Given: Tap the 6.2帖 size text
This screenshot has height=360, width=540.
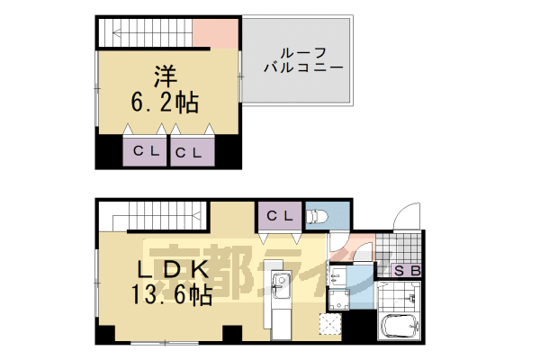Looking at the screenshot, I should click(x=165, y=101).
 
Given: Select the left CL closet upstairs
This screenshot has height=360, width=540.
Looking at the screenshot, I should click(x=146, y=151).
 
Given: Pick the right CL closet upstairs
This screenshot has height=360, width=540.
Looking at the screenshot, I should click(x=193, y=152).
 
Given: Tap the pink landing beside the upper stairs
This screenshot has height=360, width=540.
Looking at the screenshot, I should click(x=216, y=36).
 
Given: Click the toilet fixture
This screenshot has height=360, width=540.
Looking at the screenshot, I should click(x=317, y=217).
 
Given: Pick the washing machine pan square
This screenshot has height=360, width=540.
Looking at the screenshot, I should click(x=340, y=299).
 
